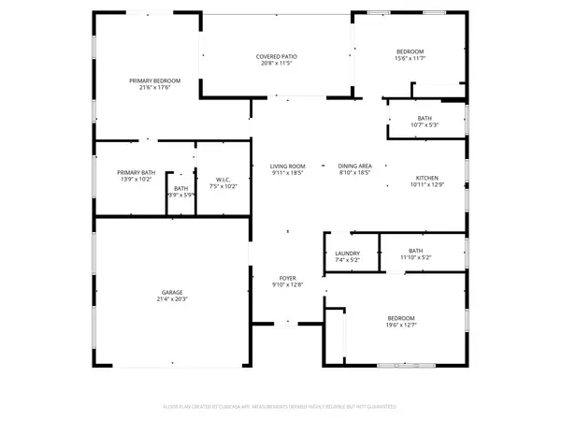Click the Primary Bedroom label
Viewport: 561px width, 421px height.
pos(154,80)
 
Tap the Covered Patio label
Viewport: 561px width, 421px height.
pos(276,57)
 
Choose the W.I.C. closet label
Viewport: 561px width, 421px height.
pos(222,181)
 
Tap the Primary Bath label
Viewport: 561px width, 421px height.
pos(136,172)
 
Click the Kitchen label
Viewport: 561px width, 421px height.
pos(427,178)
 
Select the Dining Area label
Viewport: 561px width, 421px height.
pos(355,167)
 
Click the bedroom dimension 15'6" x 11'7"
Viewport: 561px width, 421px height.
pos(410,58)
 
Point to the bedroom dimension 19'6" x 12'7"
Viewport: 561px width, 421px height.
pos(401,327)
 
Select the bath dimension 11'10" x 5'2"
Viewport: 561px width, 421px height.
pos(416,258)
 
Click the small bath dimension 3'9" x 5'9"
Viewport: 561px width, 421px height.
pos(180,195)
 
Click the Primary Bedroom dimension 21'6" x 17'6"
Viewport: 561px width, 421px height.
pos(154,88)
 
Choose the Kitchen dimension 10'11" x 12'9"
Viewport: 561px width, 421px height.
pos(427,185)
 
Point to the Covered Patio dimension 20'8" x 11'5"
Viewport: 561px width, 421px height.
pos(276,65)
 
